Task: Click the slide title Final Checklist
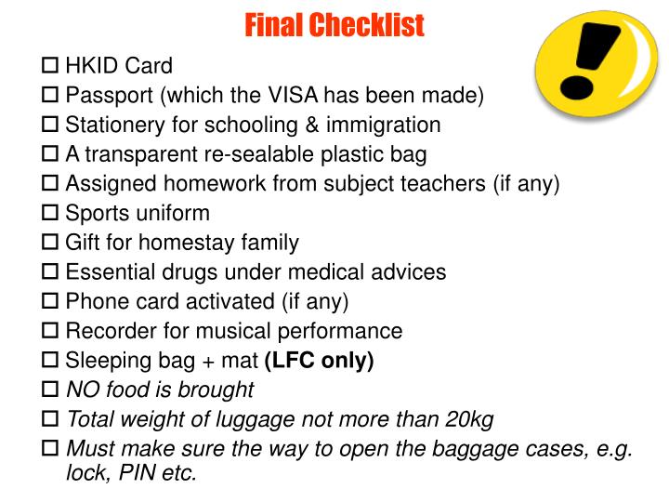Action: pyautogui.click(x=334, y=25)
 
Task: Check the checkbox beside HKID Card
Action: pyautogui.click(x=52, y=66)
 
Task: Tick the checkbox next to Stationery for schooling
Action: pyautogui.click(x=52, y=125)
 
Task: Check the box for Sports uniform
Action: pyautogui.click(x=52, y=214)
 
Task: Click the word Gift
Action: pyautogui.click(x=85, y=243)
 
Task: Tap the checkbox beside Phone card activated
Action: pyautogui.click(x=52, y=302)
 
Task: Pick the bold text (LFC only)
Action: pyautogui.click(x=319, y=361)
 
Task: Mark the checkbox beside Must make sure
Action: pyautogui.click(x=52, y=449)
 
